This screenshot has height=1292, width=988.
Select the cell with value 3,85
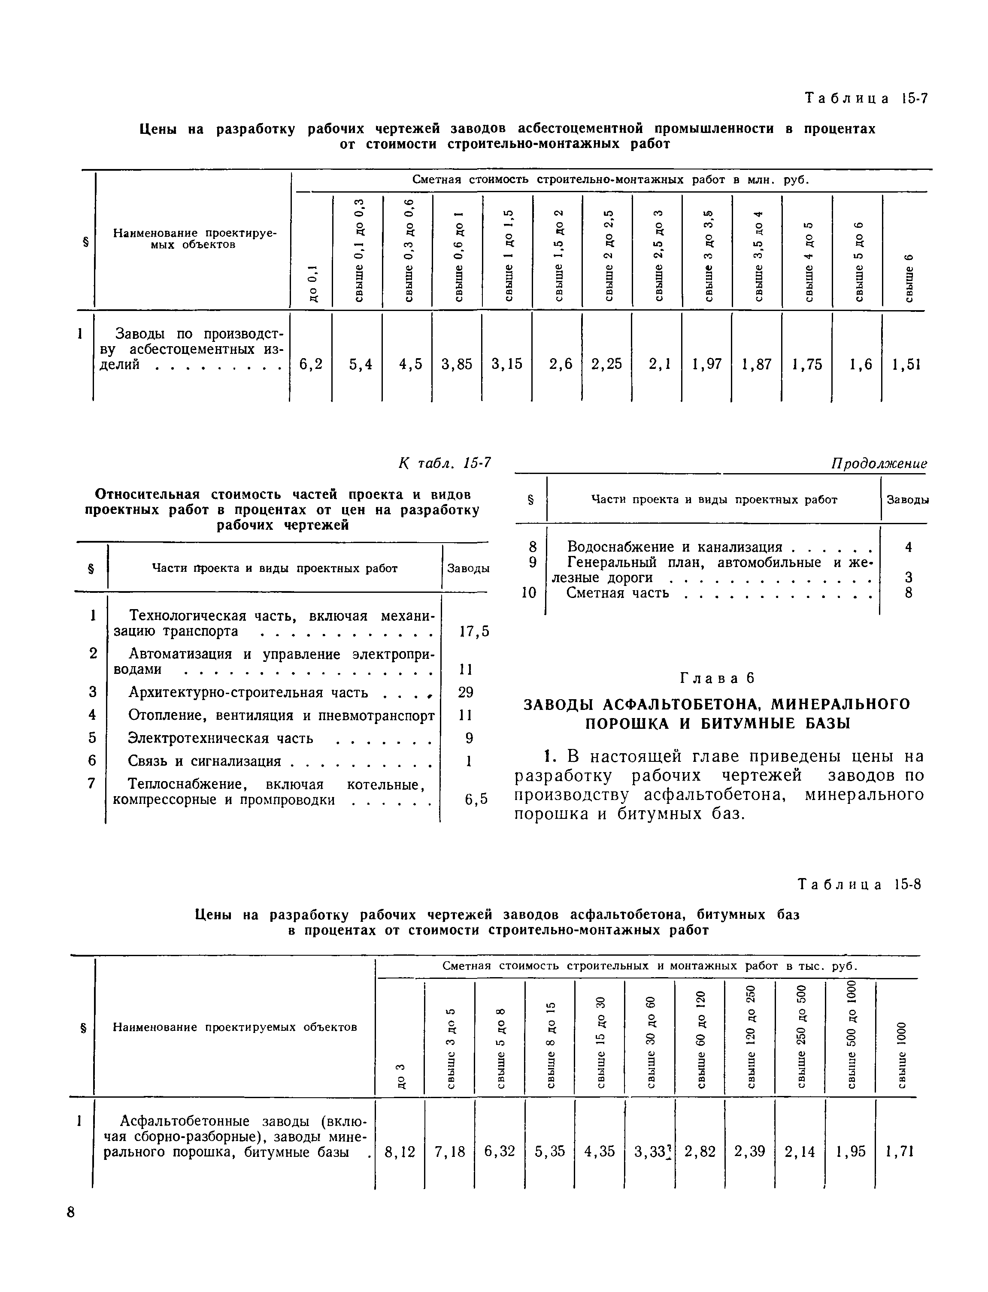point(457,365)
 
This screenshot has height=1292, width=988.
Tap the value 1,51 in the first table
point(906,365)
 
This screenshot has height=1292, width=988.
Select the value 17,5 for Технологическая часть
point(474,631)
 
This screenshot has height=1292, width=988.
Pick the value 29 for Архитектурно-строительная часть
point(466,692)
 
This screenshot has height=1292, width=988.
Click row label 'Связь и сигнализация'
point(204,761)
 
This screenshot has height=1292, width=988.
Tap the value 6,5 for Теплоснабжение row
point(476,800)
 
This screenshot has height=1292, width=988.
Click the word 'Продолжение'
point(879,464)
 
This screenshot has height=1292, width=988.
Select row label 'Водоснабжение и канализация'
point(674,547)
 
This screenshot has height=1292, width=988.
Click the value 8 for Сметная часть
point(909,593)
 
